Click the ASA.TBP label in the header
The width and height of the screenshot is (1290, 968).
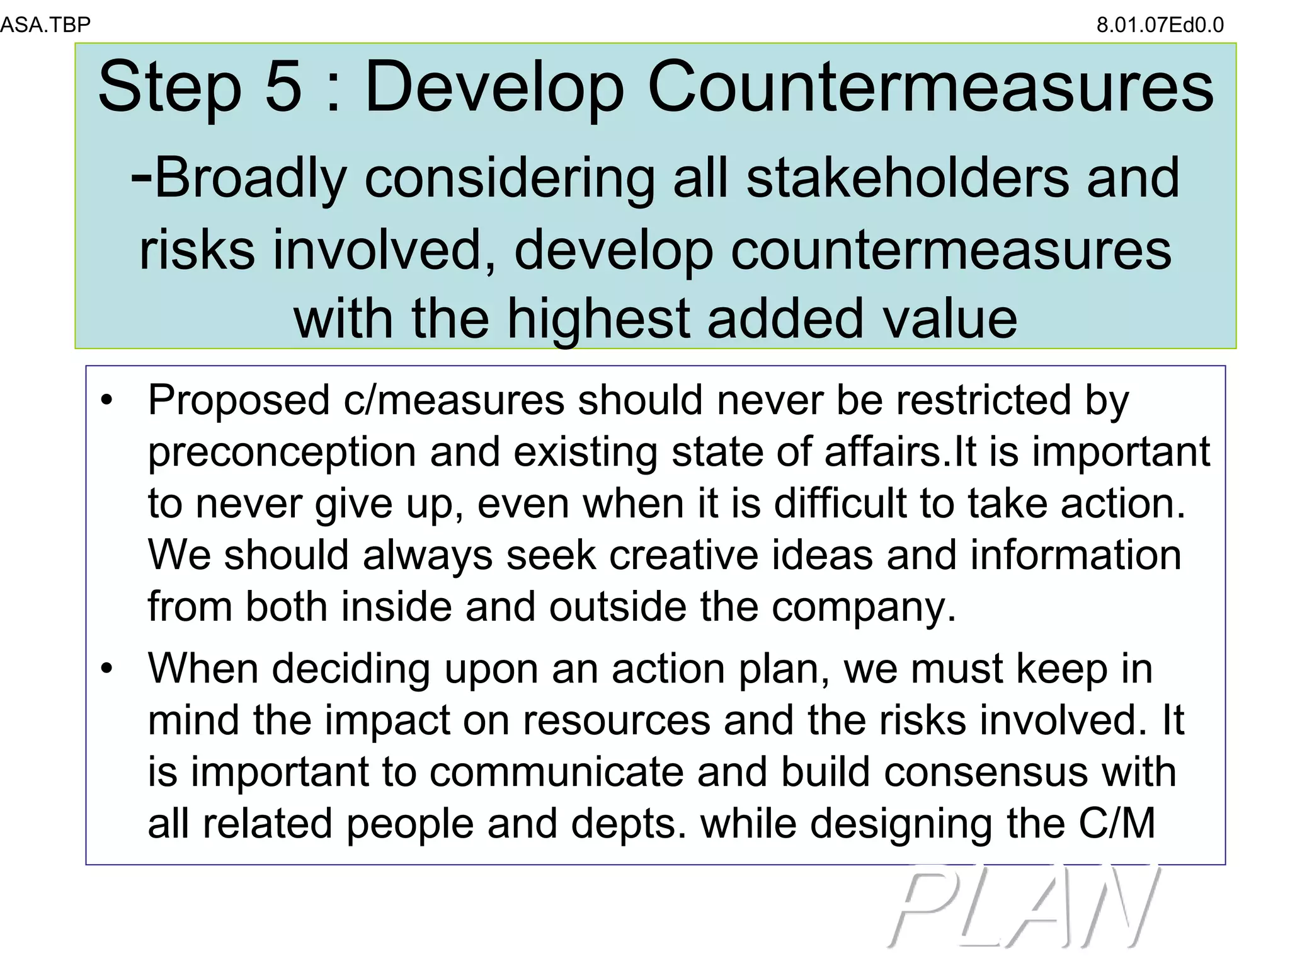(45, 25)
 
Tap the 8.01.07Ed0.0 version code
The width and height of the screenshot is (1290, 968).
(1160, 25)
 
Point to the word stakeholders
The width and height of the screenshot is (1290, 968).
(908, 178)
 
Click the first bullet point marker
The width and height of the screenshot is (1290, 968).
(108, 400)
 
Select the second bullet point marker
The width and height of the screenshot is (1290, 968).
(108, 668)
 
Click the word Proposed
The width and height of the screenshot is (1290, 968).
(239, 400)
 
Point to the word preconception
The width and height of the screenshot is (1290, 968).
(282, 452)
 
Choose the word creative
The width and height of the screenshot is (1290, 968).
(683, 555)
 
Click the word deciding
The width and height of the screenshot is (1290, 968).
(351, 669)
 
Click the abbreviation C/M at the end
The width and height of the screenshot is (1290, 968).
(1117, 824)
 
